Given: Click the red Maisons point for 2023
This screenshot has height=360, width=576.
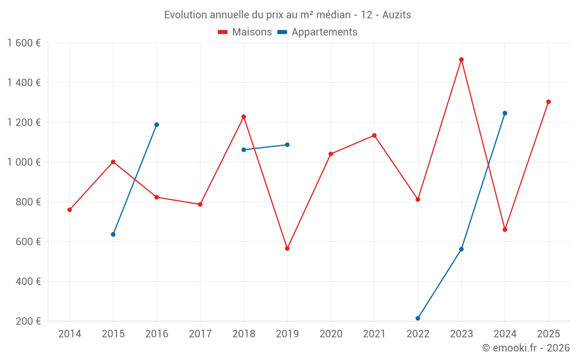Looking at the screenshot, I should click(x=461, y=59).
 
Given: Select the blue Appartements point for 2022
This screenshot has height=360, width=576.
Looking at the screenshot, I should click(x=418, y=318).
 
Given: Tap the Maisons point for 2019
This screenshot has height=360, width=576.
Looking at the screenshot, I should click(x=287, y=248).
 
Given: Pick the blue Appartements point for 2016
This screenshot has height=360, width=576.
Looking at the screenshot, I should click(x=157, y=124).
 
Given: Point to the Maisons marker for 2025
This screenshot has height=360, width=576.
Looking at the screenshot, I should click(x=548, y=102).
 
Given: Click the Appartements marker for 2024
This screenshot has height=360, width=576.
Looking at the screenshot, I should click(x=505, y=113).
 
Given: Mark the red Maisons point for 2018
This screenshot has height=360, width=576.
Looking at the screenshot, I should click(x=244, y=117).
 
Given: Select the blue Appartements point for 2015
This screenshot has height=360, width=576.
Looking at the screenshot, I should click(x=113, y=234).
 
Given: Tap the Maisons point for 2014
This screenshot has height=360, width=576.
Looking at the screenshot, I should click(x=70, y=210).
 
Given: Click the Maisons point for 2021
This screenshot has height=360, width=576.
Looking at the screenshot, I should click(x=374, y=135).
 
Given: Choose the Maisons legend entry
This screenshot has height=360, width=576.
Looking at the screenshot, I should click(x=245, y=32).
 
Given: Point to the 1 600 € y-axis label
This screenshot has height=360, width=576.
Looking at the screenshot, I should click(x=24, y=43).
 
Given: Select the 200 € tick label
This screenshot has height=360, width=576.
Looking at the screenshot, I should click(x=28, y=321).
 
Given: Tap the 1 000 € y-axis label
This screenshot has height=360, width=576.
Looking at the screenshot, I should click(x=24, y=162).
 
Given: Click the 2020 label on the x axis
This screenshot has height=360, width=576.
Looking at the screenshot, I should click(x=331, y=334).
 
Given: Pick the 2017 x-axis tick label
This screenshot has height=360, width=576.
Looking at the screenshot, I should click(x=200, y=334).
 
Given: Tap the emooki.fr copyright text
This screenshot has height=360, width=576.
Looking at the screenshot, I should click(x=526, y=348).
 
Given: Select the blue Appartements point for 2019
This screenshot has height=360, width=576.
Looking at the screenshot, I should click(x=287, y=145).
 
